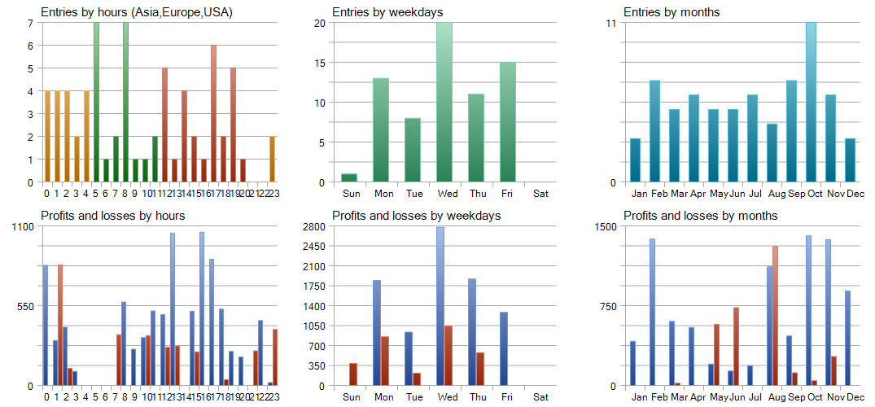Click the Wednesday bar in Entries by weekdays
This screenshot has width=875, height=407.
tap(444, 102)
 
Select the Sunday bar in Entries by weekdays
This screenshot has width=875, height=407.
tap(349, 177)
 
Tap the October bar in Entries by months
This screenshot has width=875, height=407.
tap(811, 102)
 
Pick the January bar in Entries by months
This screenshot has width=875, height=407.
tap(635, 160)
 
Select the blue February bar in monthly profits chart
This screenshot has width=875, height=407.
tap(652, 312)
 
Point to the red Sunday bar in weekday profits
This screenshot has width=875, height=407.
tap(353, 374)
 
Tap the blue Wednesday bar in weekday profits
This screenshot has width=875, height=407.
tap(440, 306)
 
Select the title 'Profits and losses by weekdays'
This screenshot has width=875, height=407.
tap(416, 216)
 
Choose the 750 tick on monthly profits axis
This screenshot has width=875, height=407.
tap(606, 306)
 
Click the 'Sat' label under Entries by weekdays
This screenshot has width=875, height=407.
tap(540, 194)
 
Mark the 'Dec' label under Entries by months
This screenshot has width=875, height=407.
tap(855, 194)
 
